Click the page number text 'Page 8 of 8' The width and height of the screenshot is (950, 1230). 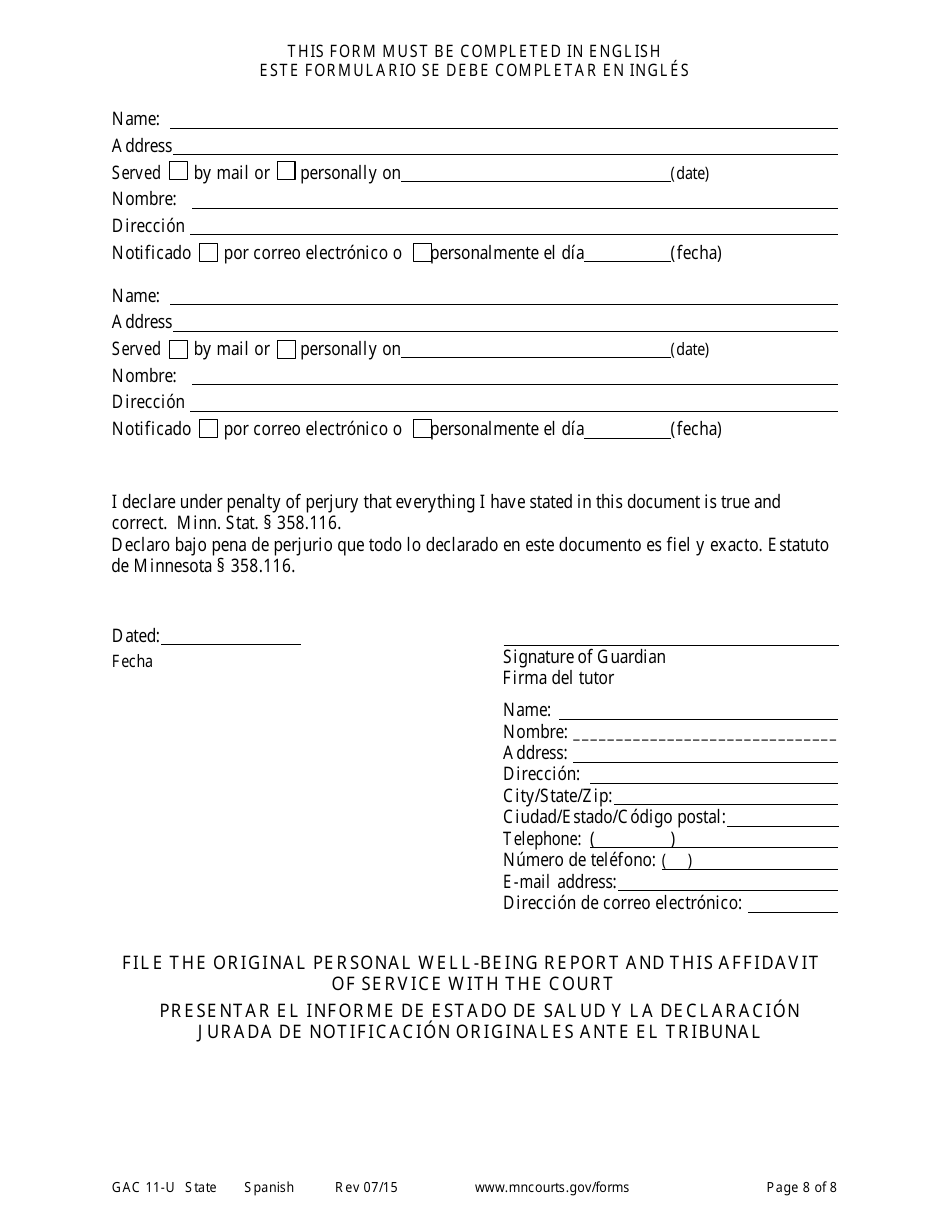[x=801, y=1188]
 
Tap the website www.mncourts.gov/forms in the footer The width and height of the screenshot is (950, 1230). [x=551, y=1188]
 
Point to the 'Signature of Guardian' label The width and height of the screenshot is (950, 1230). [x=584, y=657]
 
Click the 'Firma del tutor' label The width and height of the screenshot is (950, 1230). [x=558, y=678]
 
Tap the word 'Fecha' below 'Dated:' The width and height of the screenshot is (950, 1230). [x=132, y=662]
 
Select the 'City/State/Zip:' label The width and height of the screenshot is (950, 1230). [x=557, y=796]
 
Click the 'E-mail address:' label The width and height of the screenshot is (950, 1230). [x=559, y=882]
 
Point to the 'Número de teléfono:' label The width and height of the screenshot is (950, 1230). [x=579, y=860]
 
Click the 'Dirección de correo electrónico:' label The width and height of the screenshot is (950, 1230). [x=622, y=904]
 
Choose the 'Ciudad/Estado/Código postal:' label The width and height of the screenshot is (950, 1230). [x=614, y=817]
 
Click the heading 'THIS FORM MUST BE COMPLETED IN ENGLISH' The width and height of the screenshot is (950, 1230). [x=474, y=51]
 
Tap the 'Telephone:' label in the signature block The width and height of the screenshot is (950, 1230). [x=541, y=839]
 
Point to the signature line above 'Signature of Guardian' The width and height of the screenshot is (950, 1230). [x=670, y=645]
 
